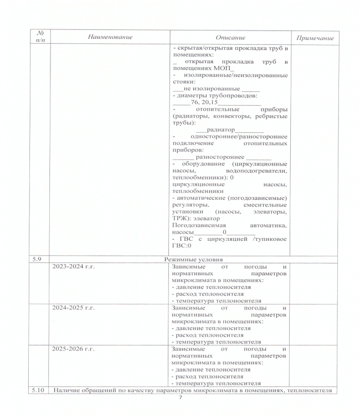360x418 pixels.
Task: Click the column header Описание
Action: [230, 37]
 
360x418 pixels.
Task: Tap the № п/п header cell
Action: [39, 37]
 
